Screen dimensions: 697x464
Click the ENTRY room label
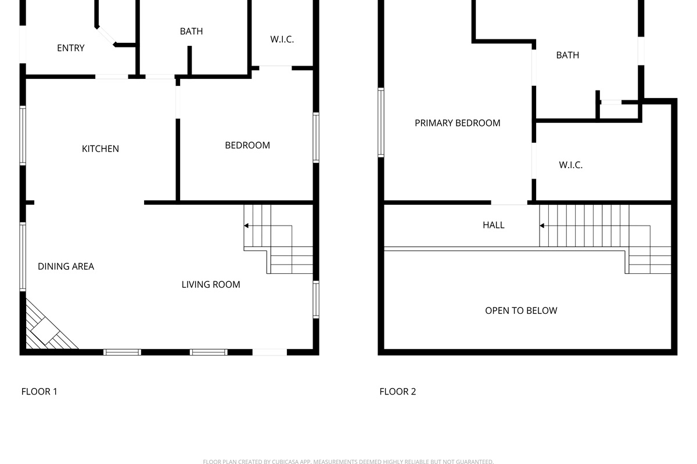tap(71, 48)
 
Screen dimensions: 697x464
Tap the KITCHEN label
tap(100, 148)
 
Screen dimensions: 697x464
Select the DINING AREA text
tap(66, 266)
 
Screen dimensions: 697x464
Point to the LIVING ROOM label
tap(211, 284)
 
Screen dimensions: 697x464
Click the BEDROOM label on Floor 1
tap(247, 145)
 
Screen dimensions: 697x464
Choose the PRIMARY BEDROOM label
tap(458, 123)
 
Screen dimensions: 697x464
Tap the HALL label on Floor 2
tap(494, 225)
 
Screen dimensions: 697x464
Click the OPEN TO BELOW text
tap(521, 310)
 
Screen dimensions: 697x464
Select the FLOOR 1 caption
tap(39, 391)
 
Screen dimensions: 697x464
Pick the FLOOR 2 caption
tap(398, 391)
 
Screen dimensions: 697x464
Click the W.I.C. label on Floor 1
tap(282, 39)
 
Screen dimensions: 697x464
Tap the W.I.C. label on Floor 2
tap(570, 165)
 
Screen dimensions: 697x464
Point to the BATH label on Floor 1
tap(191, 31)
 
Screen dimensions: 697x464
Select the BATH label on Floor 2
tap(567, 55)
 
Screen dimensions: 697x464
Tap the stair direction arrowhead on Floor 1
tap(246, 226)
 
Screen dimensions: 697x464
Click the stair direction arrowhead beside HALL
tap(542, 226)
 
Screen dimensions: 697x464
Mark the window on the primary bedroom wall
tap(381, 122)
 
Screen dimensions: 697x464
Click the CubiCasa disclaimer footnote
tap(348, 462)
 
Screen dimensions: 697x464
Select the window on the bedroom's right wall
tap(316, 137)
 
